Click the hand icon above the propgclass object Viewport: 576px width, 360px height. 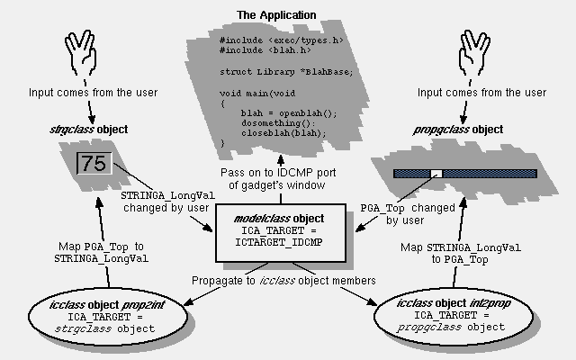pos(470,55)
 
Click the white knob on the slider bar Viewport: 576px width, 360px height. pos(436,173)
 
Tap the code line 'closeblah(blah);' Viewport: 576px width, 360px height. pos(282,132)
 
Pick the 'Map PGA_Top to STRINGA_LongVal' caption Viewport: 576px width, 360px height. pos(94,254)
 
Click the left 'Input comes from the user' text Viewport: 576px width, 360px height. pos(85,93)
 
